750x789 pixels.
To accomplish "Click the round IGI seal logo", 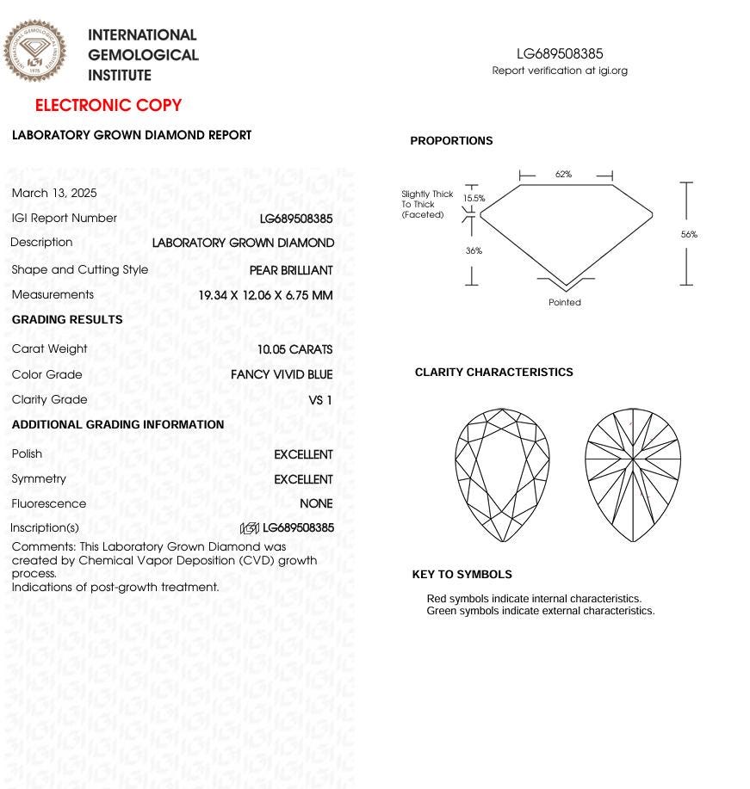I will coord(34,52).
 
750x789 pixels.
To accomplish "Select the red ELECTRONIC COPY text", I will coord(108,106).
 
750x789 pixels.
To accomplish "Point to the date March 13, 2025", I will coord(54,193).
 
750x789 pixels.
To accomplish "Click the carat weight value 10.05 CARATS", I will coord(294,349).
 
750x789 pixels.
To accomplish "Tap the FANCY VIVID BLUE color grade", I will coord(282,374).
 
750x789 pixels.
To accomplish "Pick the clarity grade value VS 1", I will coord(320,400).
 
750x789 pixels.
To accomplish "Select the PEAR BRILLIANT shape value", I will coord(291,270).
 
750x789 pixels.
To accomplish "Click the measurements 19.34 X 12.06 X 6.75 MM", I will coord(265,295).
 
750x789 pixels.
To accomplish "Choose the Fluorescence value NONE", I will coord(316,503).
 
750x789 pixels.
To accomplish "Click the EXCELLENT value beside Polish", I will coord(303,454).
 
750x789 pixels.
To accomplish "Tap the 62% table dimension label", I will coord(563,174).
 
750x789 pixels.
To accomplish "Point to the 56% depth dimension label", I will coord(689,234).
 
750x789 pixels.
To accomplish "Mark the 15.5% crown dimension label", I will coord(474,198).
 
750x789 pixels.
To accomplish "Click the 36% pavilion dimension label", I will coord(474,250).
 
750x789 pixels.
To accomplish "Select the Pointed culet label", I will coord(565,302).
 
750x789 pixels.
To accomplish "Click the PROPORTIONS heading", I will coord(451,141).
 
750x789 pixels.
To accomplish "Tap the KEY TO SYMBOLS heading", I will coord(462,575).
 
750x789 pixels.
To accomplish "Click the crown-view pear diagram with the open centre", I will coord(502,475).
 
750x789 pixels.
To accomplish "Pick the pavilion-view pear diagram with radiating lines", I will coord(633,475).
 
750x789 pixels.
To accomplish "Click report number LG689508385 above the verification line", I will coord(560,54).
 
